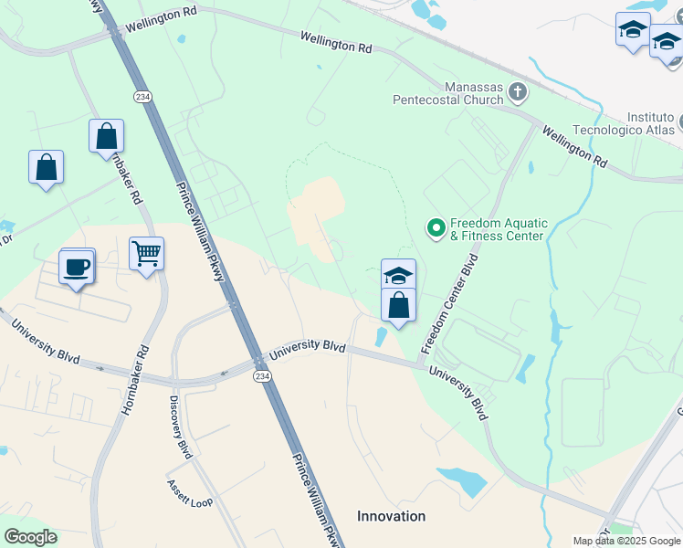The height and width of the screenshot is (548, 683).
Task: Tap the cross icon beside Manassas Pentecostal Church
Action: pyautogui.click(x=518, y=91)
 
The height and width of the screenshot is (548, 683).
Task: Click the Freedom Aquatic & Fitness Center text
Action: pyautogui.click(x=498, y=229)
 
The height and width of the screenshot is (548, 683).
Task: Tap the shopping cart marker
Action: pyautogui.click(x=146, y=253)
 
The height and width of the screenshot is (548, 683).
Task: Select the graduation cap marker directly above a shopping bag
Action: pyautogui.click(x=398, y=275)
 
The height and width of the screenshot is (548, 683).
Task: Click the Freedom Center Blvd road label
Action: pyautogui.click(x=450, y=304)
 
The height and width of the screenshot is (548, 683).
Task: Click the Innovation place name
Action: pyautogui.click(x=391, y=516)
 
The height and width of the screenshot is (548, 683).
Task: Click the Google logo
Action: pyautogui.click(x=30, y=537)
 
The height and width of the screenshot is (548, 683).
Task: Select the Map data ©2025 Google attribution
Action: pyautogui.click(x=625, y=541)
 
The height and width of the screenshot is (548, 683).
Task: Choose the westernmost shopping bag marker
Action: pyautogui.click(x=46, y=168)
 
